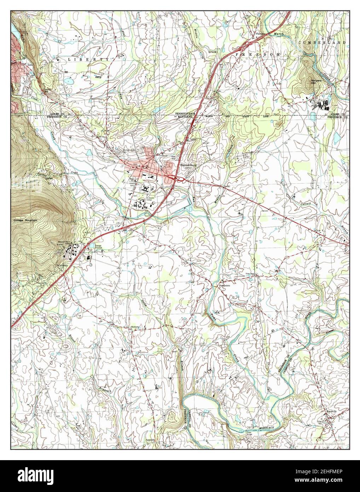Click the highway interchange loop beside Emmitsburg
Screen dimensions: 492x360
pyautogui.click(x=180, y=179)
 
